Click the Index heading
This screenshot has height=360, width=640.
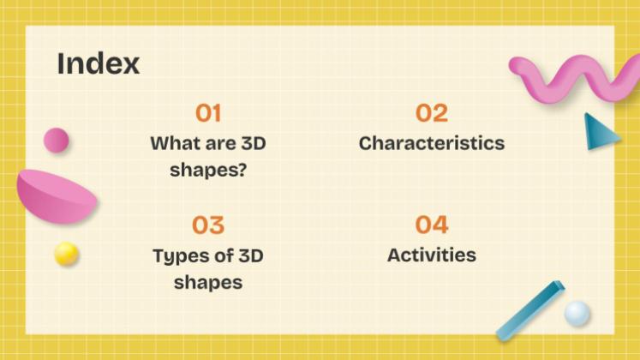pyautogui.click(x=98, y=63)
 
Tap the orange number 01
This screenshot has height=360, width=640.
pyautogui.click(x=208, y=113)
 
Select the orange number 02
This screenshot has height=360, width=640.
pyautogui.click(x=432, y=113)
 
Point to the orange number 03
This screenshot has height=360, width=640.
pyautogui.click(x=208, y=225)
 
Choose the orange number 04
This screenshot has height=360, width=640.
pyautogui.click(x=432, y=225)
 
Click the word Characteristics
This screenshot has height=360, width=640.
pyautogui.click(x=432, y=143)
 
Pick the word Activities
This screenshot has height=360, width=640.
pyautogui.click(x=432, y=255)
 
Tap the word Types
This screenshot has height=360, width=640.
pyautogui.click(x=177, y=255)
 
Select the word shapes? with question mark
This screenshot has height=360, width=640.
pyautogui.click(x=208, y=169)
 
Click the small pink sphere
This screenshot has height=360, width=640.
pyautogui.click(x=56, y=140)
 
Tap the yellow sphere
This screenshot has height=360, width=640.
pyautogui.click(x=66, y=254)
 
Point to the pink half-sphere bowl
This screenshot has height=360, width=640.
pyautogui.click(x=57, y=195)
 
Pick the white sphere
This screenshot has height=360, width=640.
pyautogui.click(x=577, y=313)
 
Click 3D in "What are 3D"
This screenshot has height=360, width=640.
pyautogui.click(x=248, y=143)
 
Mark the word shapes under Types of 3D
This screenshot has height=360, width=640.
pyautogui.click(x=208, y=282)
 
